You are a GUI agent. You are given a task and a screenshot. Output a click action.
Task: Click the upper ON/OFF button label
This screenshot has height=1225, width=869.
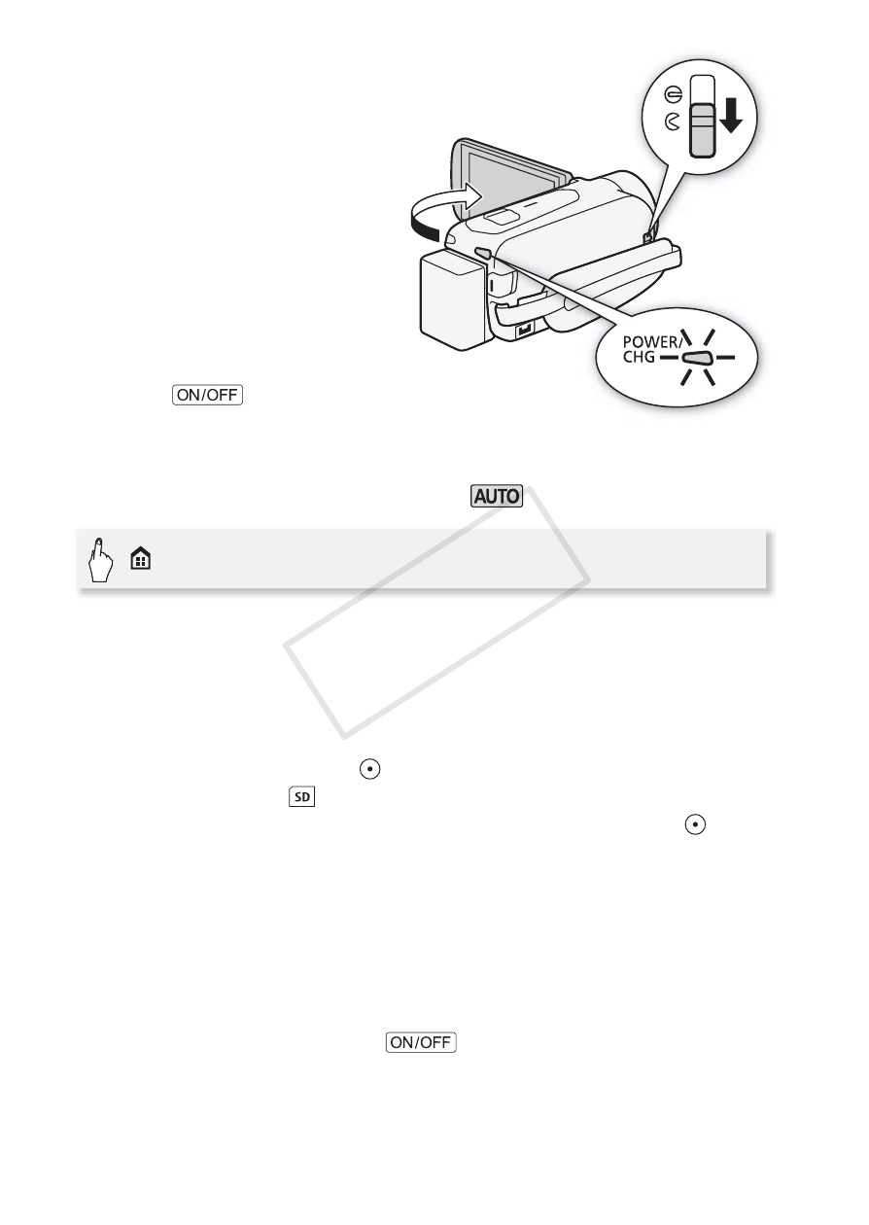click(x=207, y=395)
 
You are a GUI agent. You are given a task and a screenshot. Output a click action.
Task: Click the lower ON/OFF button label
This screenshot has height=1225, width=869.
click(x=421, y=1042)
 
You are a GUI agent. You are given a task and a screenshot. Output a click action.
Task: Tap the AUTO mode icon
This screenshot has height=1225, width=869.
click(x=497, y=496)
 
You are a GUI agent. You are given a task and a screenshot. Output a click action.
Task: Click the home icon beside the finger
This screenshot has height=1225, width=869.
click(x=141, y=560)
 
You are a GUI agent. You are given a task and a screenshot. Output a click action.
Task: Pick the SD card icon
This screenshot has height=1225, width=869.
click(x=302, y=797)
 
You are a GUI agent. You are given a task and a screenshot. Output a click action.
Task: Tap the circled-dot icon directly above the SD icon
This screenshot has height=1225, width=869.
click(x=370, y=769)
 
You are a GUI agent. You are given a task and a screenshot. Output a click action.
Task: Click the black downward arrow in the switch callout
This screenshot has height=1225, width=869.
click(x=731, y=117)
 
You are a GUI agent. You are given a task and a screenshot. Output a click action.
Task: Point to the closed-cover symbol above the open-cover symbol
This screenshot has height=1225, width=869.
click(x=674, y=95)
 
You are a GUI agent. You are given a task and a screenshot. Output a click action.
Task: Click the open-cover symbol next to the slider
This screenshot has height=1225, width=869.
click(x=673, y=122)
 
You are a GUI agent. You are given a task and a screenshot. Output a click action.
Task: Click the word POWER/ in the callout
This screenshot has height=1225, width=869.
click(x=652, y=342)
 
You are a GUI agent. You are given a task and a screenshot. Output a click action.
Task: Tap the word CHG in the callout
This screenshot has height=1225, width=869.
click(x=639, y=357)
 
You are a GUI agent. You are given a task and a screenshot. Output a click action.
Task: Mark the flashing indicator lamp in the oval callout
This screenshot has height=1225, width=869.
click(x=697, y=358)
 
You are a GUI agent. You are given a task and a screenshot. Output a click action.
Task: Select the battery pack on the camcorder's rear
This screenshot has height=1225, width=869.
click(x=452, y=300)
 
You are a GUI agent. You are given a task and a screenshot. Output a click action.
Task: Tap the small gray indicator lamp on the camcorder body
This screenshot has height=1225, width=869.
click(x=483, y=253)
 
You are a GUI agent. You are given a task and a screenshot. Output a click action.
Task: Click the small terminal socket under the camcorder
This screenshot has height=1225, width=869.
click(x=525, y=330)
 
